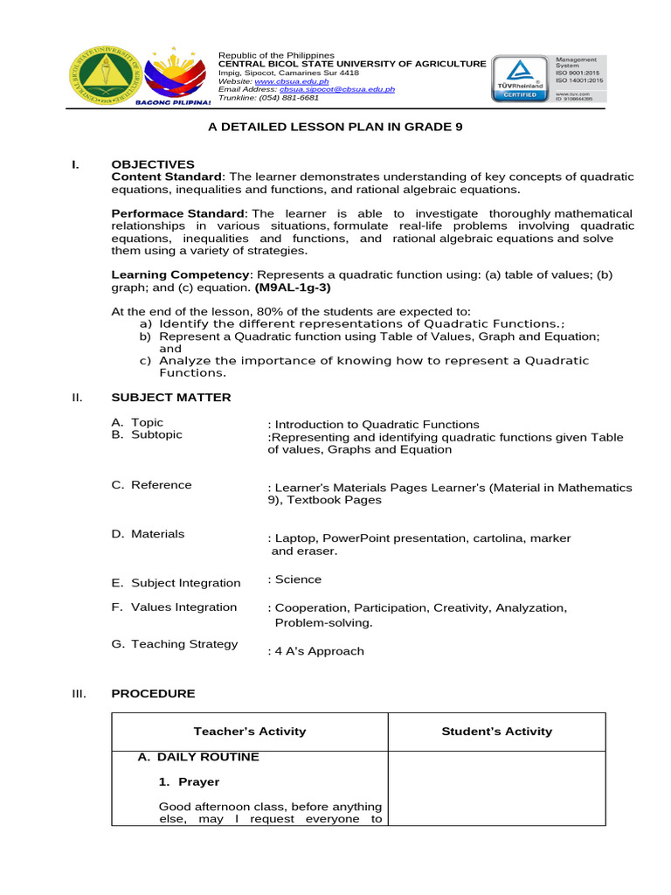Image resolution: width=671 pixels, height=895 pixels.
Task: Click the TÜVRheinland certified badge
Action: (521, 80)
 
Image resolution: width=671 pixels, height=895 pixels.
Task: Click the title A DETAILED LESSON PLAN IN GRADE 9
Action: (335, 127)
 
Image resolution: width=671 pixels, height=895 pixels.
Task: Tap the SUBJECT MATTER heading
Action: (171, 398)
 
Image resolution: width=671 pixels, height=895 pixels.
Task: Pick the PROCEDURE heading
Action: (153, 693)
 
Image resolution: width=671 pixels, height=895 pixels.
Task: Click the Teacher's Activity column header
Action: (250, 732)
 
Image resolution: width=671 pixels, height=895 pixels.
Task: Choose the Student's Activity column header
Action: (497, 732)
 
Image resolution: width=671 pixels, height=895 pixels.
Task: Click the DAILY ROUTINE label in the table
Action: (208, 757)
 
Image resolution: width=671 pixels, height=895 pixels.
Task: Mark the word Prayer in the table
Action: (199, 781)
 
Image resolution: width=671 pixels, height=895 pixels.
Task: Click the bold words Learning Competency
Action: (180, 274)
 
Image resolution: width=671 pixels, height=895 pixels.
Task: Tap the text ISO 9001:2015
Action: (579, 73)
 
